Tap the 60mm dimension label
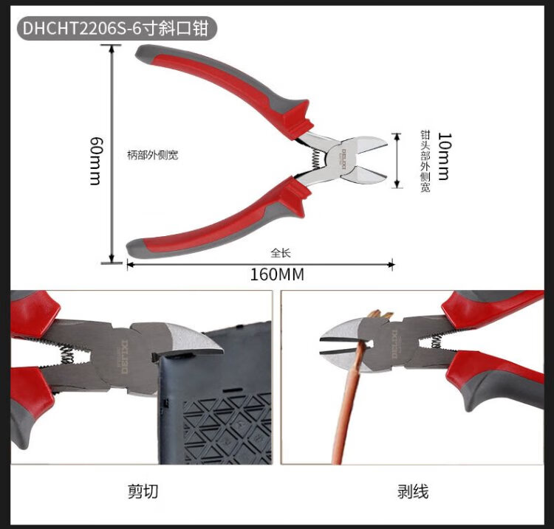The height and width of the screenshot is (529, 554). [95, 160]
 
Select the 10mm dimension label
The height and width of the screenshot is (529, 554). [443, 156]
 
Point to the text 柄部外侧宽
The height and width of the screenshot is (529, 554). [152, 155]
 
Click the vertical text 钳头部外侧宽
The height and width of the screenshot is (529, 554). [425, 162]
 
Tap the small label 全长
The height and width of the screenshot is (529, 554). [281, 252]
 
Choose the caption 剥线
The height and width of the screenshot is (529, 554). [413, 491]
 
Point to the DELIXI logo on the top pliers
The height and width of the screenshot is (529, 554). [342, 155]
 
